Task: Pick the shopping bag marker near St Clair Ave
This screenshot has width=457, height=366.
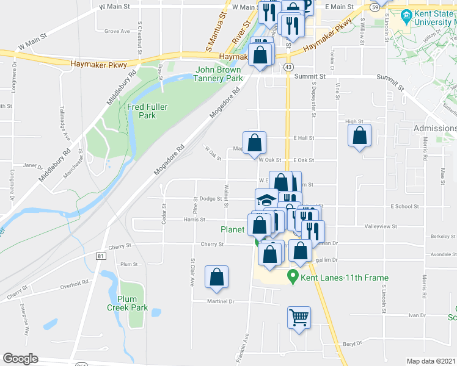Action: tap(216, 277)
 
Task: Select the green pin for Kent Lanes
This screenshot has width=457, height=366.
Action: tap(293, 277)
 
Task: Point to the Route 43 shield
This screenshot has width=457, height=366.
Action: tap(288, 66)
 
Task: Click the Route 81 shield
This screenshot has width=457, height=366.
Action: tap(100, 256)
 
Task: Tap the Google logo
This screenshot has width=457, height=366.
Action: tap(20, 359)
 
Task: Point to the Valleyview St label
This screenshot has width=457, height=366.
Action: tap(381, 226)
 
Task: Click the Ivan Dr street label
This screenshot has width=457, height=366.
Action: tap(417, 315)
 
